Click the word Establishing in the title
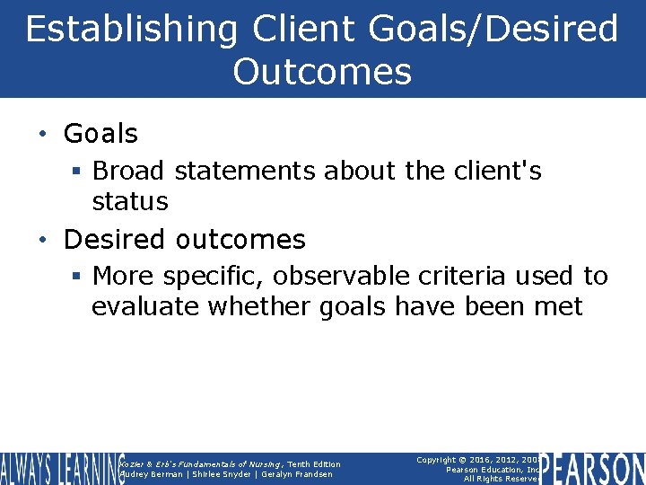132,30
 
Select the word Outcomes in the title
322,72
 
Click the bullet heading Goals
100,134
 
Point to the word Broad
130,171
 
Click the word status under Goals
130,201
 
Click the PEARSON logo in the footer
592,469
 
